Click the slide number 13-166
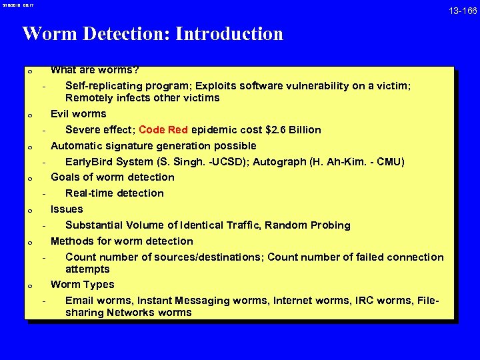462,12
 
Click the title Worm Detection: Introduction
153,34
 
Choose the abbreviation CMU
390,161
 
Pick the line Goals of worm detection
113,177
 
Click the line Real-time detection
114,193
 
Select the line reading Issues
67,209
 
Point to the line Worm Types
83,284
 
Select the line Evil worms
79,113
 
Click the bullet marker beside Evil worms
30,115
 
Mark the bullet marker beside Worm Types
30,285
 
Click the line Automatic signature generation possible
153,145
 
